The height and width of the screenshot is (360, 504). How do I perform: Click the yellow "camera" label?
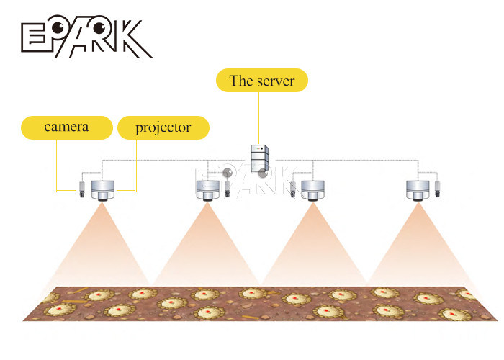tap(67, 127)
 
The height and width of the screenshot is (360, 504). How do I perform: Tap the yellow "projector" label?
tap(163, 127)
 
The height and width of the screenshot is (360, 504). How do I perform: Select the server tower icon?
tap(259, 158)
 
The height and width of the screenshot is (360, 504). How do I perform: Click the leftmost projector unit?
tap(103, 191)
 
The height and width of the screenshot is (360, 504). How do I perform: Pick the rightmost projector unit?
tap(418, 191)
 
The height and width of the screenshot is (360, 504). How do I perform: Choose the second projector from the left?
tap(208, 191)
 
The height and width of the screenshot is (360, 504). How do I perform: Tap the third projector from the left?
tap(312, 191)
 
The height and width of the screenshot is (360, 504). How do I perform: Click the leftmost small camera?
tap(82, 189)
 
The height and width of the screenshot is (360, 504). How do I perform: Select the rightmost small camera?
tap(438, 189)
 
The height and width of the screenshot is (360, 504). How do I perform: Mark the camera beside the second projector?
tap(228, 189)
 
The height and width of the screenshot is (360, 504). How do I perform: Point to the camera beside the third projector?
tap(293, 189)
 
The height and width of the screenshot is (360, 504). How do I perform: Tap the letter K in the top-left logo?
tap(135, 39)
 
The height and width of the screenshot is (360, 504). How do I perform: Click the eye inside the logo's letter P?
tap(58, 27)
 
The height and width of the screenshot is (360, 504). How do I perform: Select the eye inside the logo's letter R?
tap(99, 28)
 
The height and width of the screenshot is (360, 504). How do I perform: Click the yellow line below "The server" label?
tap(258, 118)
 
